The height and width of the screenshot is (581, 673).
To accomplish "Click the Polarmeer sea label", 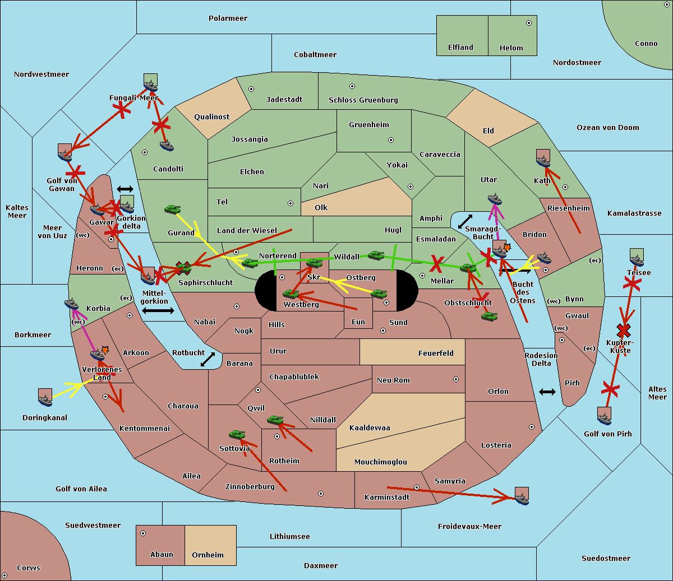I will (228, 18).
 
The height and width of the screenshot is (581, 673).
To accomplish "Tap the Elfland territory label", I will (460, 48).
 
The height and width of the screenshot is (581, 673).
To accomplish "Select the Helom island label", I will (511, 48).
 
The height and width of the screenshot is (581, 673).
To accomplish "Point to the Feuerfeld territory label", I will (436, 354).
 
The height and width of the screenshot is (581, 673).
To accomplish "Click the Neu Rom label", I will (393, 380).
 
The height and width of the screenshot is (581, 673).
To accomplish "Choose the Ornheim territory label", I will (208, 555).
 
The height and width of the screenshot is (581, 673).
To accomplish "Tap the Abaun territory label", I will (162, 555).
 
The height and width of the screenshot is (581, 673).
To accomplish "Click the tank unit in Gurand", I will (172, 210).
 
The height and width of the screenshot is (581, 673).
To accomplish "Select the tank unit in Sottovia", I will (237, 435).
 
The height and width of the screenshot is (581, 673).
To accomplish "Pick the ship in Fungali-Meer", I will (150, 83).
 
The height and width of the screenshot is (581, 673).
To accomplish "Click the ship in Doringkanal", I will (45, 398).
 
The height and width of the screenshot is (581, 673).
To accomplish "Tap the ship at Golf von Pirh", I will (604, 416).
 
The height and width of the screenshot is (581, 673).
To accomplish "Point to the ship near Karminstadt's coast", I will (522, 496).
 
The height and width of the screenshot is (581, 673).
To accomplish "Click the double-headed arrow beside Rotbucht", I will (208, 359).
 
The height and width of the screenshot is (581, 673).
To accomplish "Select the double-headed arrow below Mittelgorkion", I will (158, 311).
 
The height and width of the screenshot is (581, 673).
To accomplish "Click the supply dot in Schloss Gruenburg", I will (352, 86).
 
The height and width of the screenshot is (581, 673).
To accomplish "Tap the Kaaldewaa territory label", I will (370, 428).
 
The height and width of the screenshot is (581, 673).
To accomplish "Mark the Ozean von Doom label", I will (607, 128).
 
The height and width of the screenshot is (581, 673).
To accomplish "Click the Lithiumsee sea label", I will (289, 537).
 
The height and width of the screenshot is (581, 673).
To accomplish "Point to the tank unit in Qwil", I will (275, 420).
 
